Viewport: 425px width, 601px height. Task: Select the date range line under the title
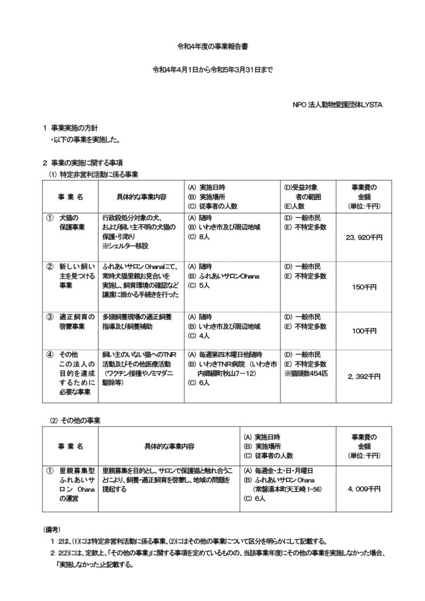212,70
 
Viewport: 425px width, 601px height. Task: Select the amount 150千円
365,288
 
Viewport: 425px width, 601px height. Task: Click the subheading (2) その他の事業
75,420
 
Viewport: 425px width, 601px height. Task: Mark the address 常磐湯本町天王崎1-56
286,488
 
